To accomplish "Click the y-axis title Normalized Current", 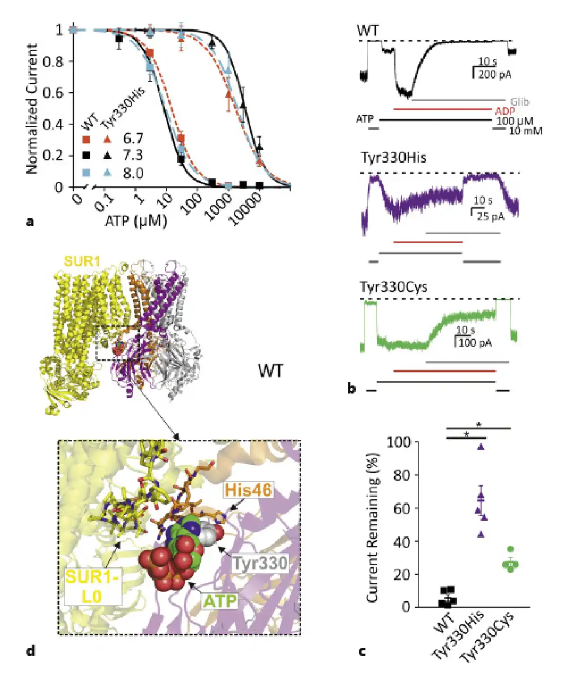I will pyautogui.click(x=32, y=108).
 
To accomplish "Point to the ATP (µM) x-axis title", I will pyautogui.click(x=136, y=220).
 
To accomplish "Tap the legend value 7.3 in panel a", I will pyautogui.click(x=133, y=156).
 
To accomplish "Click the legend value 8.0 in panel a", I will pyautogui.click(x=133, y=174).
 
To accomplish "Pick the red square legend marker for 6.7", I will pyautogui.click(x=86, y=139).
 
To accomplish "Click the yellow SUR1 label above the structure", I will pyautogui.click(x=82, y=261).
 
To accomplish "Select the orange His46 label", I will pyautogui.click(x=249, y=490).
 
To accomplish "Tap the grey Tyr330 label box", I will pyautogui.click(x=260, y=563).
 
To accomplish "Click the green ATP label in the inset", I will pyautogui.click(x=220, y=601).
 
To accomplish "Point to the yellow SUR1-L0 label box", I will pyautogui.click(x=93, y=586).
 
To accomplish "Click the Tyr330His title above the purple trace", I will pyautogui.click(x=393, y=157).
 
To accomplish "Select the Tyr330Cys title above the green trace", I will pyautogui.click(x=393, y=287).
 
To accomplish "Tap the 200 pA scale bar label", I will pyautogui.click(x=494, y=74).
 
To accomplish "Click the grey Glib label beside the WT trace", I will pyautogui.click(x=519, y=102).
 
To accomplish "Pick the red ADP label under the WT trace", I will pyautogui.click(x=505, y=111).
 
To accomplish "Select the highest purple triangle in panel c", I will pyautogui.click(x=481, y=446).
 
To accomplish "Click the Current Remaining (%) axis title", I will pyautogui.click(x=373, y=527).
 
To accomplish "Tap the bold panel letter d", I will pyautogui.click(x=31, y=651).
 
